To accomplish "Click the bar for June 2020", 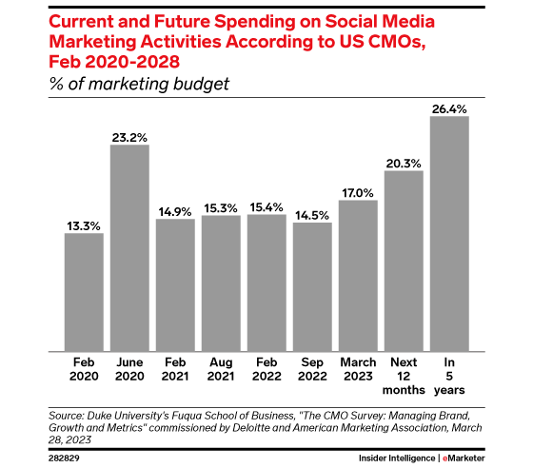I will [129, 247].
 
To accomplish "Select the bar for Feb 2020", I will [84, 291].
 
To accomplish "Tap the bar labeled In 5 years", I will [449, 233].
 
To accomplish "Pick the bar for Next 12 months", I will [404, 261].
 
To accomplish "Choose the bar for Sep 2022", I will [312, 286].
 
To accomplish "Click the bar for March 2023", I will [358, 275].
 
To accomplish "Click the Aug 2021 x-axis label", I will [221, 368].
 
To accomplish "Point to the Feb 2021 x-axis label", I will [175, 368].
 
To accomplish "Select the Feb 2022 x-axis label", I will [266, 368].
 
